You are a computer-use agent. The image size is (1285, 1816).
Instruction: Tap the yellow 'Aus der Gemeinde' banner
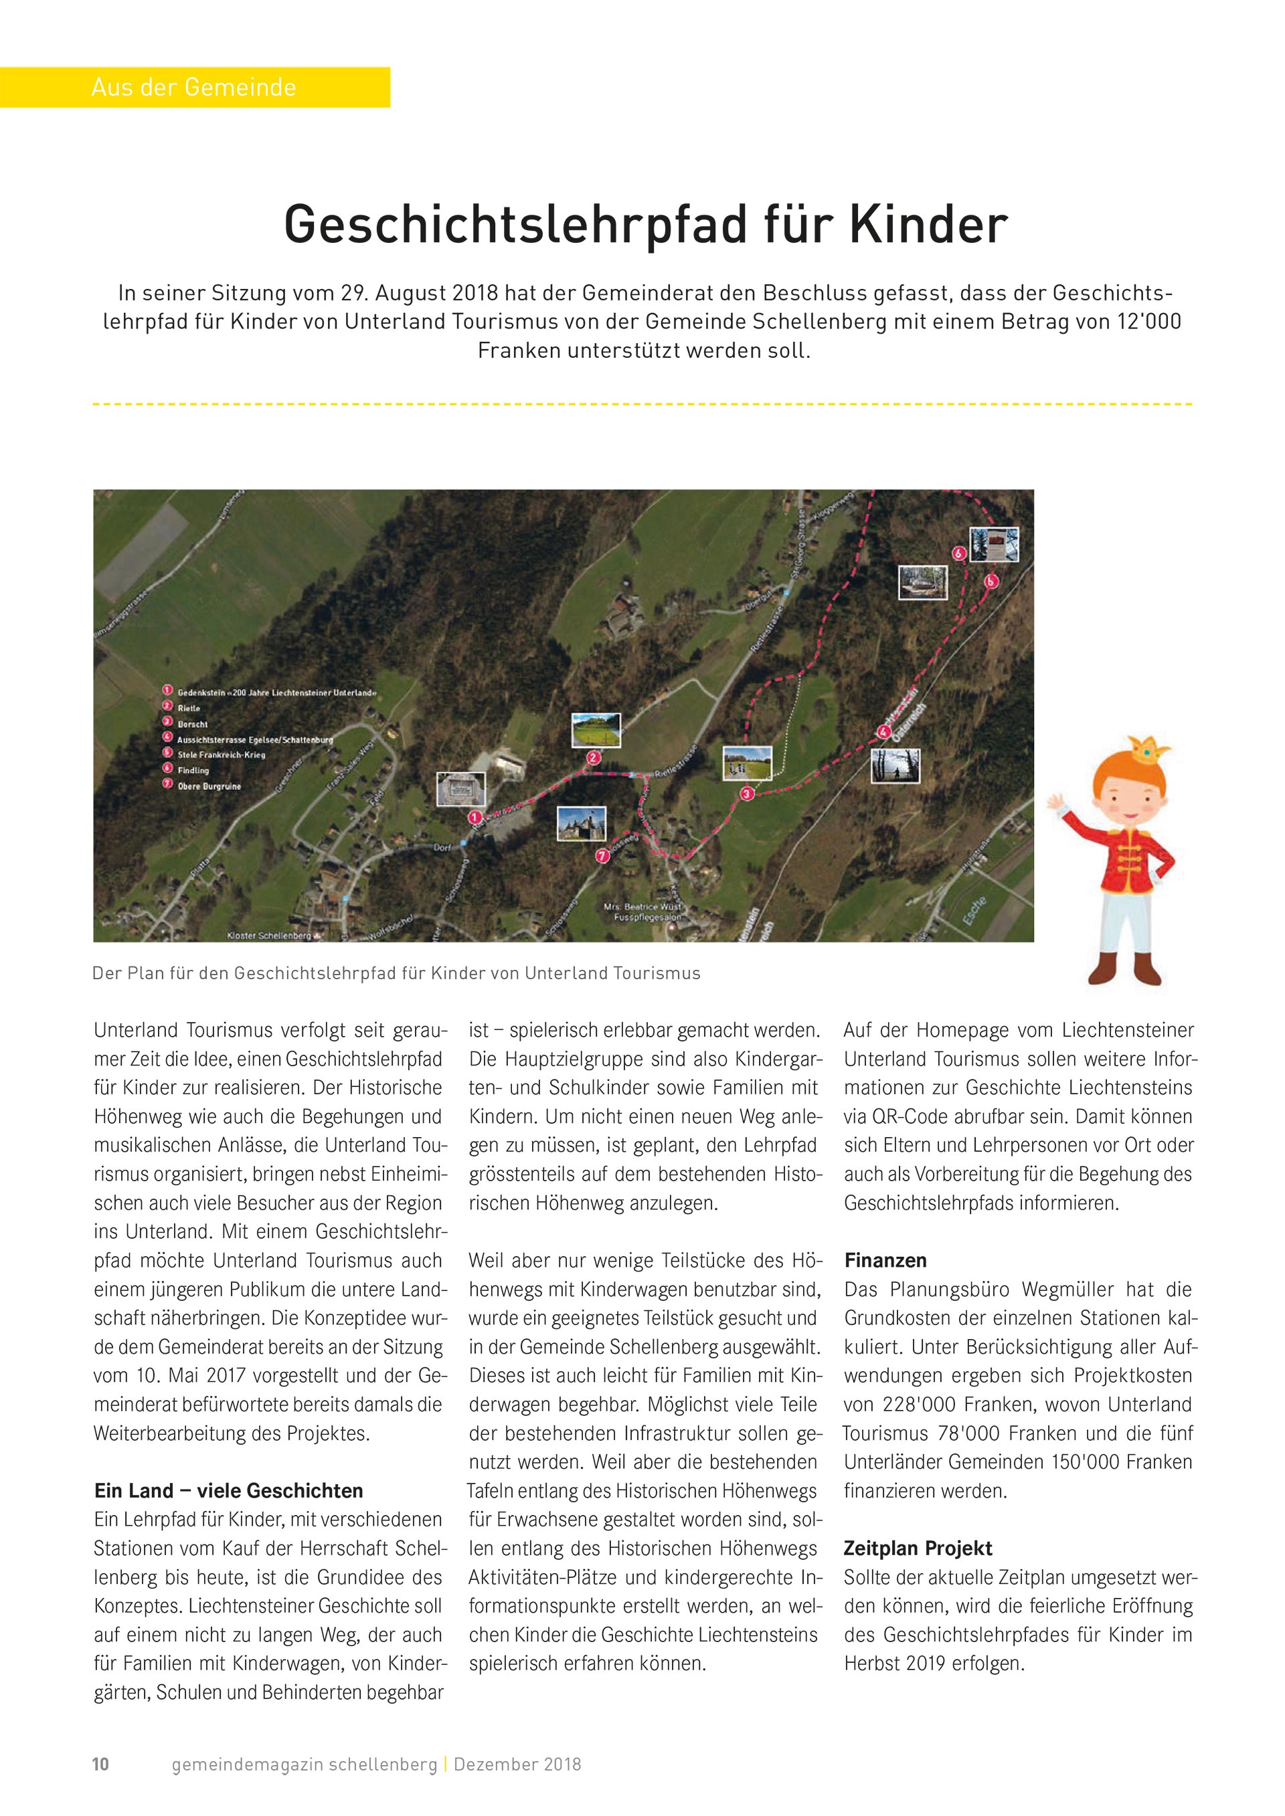pos(194,87)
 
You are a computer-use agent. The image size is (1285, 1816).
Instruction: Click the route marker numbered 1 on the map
pos(475,817)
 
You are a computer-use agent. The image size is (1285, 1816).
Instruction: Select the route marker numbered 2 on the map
pos(593,757)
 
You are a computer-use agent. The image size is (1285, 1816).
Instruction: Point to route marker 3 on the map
pos(746,793)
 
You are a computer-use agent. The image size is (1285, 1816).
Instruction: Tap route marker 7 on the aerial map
pos(602,855)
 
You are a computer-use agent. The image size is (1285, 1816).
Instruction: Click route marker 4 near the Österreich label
pos(883,732)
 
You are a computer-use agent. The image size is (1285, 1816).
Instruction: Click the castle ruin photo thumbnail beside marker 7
pos(582,823)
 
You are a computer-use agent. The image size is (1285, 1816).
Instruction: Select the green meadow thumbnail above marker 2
pos(596,730)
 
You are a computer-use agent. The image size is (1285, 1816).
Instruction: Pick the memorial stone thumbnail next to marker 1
pos(460,789)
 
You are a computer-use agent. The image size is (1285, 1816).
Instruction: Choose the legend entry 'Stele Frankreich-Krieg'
pos(221,754)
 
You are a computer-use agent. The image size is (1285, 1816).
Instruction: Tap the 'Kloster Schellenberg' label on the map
pos(269,936)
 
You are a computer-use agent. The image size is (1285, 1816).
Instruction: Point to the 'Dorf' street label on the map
pos(442,847)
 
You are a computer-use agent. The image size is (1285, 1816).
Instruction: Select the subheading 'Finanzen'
pos(885,1261)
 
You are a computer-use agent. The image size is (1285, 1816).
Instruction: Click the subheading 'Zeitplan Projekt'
pos(917,1548)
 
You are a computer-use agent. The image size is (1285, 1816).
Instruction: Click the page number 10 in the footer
pos(100,1764)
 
